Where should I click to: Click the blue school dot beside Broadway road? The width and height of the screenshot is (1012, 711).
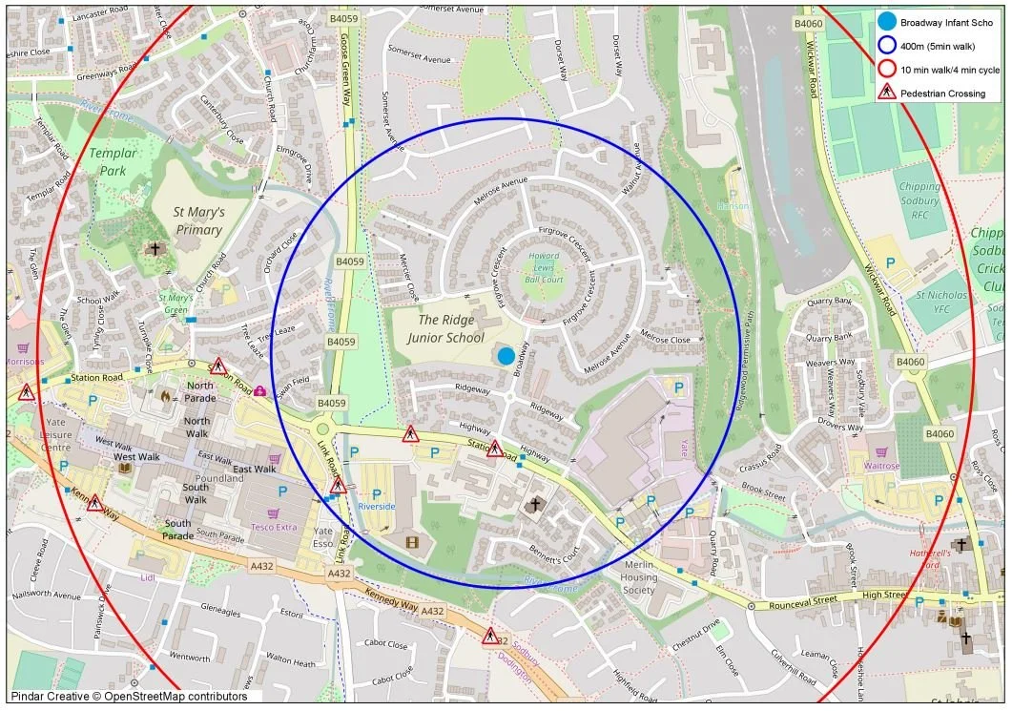tap(506, 355)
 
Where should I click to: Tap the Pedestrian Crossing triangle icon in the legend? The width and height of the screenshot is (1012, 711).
tap(886, 94)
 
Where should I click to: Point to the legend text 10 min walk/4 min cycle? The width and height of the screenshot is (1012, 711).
tap(949, 70)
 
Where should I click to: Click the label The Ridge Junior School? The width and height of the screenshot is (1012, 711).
tap(451, 329)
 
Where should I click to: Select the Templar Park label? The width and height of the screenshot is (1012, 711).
tap(113, 162)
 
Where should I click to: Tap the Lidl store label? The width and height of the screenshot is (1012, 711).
tap(147, 577)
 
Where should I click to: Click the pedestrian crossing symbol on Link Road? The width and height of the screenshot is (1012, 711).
tap(338, 486)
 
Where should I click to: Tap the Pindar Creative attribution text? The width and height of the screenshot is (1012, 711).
tap(129, 697)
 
